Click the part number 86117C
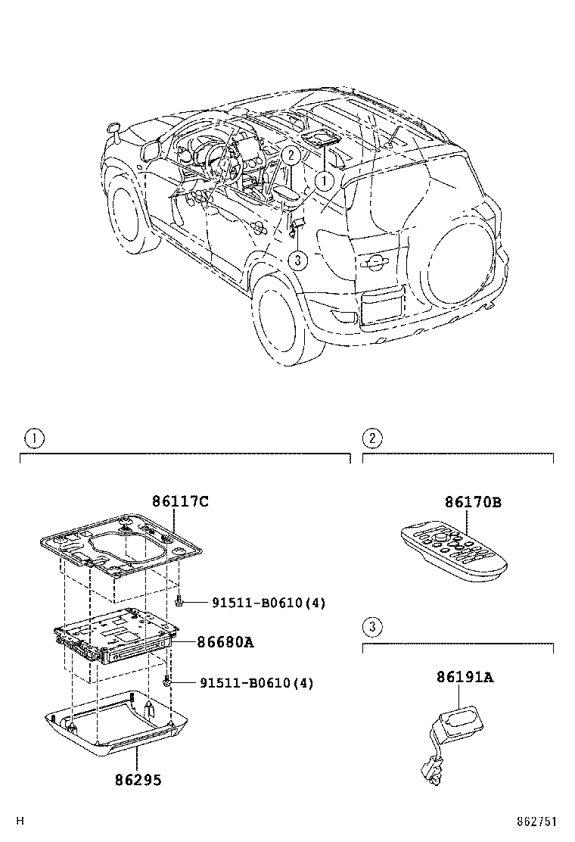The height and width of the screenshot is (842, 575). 180,501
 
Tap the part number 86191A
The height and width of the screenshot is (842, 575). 464,677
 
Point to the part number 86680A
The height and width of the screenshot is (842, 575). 225,642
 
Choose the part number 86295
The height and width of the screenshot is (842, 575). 138,778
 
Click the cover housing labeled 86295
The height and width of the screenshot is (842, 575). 113,727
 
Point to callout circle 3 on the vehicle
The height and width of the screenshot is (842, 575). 299,260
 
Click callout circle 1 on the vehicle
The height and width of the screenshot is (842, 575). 323,181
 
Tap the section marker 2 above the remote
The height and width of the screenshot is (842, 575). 371,438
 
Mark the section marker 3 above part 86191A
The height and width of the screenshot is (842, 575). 371,626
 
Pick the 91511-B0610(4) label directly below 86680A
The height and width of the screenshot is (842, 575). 256,683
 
